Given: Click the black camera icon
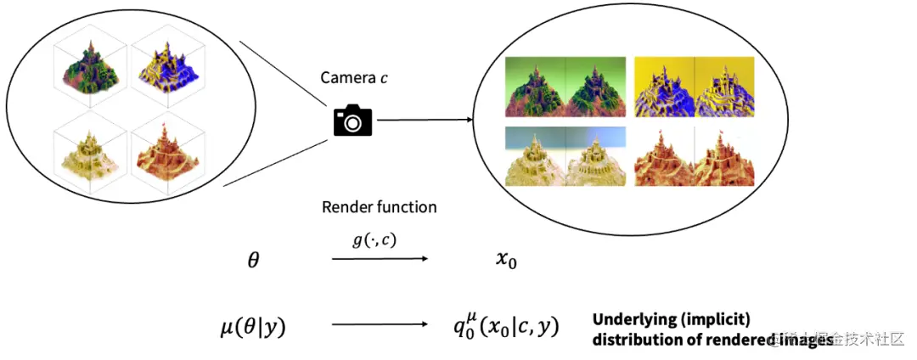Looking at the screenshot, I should click(x=352, y=121).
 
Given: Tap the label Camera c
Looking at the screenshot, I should click(x=355, y=78).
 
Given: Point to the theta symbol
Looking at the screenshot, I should click(x=252, y=261).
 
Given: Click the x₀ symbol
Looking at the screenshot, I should click(x=505, y=261).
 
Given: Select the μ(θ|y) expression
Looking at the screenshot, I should click(x=250, y=325).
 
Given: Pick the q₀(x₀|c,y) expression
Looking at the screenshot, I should click(x=507, y=325).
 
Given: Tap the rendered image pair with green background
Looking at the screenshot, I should click(x=565, y=86).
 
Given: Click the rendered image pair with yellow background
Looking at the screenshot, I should click(x=695, y=86).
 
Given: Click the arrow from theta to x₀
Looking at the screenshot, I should click(x=379, y=257).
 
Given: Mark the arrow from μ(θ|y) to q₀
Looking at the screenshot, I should click(x=379, y=323).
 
